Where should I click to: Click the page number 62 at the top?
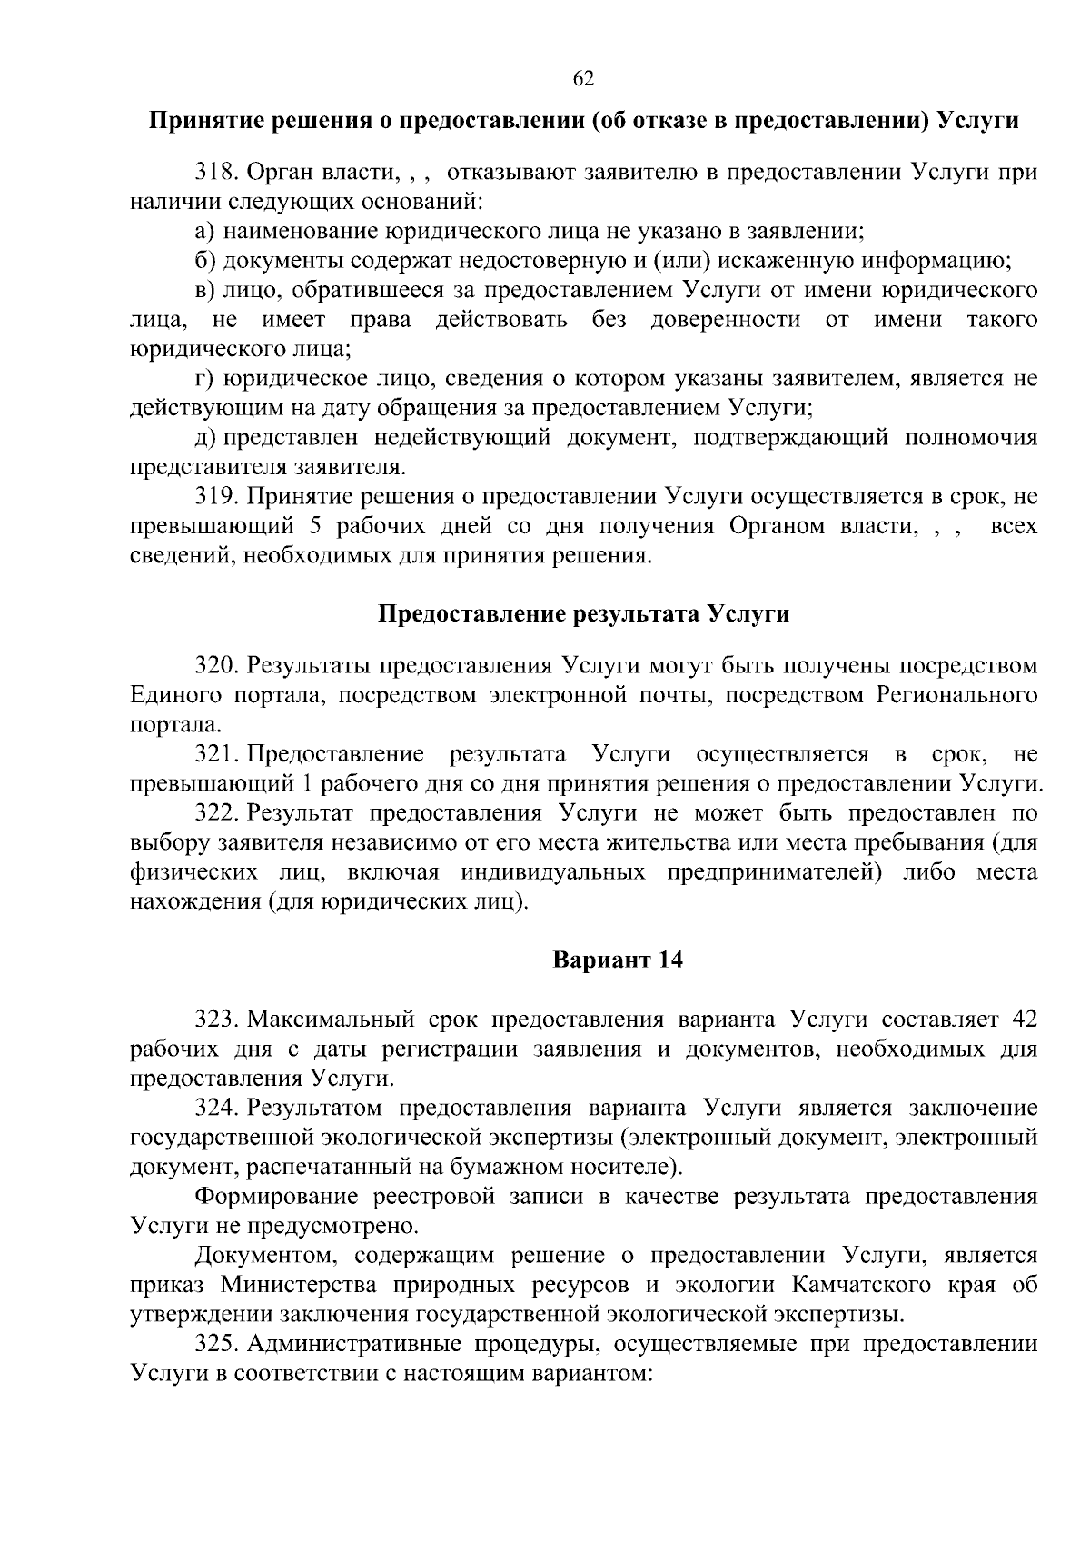click(x=583, y=79)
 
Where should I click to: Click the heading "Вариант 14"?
click(x=618, y=960)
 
